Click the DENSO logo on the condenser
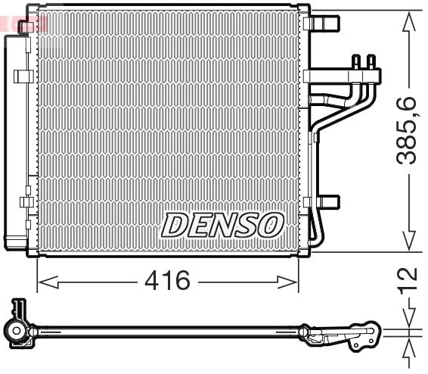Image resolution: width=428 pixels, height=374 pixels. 222,224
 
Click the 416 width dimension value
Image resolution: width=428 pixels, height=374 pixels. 167,282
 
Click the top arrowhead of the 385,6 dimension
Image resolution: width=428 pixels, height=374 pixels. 409,18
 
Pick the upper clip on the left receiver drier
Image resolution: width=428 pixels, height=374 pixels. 23,76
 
